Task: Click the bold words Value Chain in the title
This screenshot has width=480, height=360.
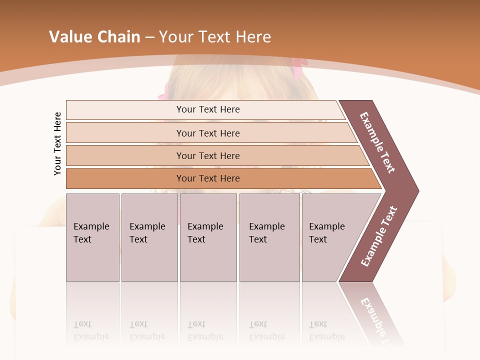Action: (x=94, y=37)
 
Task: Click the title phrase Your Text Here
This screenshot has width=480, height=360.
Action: (x=215, y=37)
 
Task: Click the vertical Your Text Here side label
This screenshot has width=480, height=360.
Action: (x=57, y=143)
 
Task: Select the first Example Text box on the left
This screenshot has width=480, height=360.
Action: (x=92, y=237)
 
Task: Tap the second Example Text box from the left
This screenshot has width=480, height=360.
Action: (x=149, y=237)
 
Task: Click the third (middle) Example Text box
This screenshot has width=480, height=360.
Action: (x=208, y=237)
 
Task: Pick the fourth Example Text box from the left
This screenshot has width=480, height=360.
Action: (x=269, y=237)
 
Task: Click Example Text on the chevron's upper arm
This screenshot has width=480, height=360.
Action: (x=377, y=142)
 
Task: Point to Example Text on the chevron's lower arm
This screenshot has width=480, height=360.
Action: (x=379, y=236)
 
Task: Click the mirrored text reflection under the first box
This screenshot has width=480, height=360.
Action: (x=91, y=330)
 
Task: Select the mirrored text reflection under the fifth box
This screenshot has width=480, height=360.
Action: (x=327, y=330)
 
